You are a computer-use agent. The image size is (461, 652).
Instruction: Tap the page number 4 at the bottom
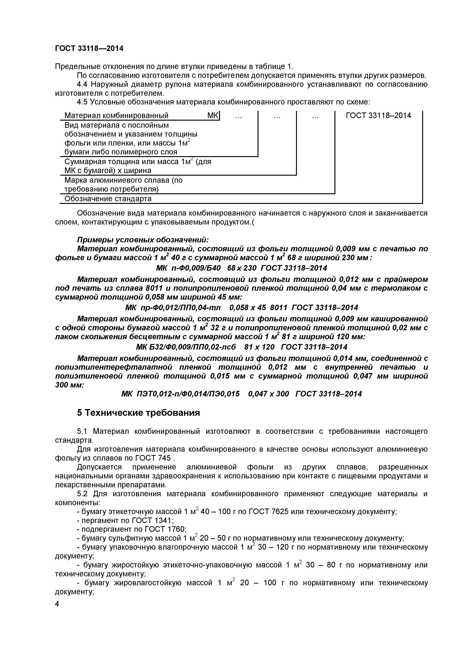tap(57, 611)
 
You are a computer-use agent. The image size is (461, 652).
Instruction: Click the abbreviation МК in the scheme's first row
tap(213, 115)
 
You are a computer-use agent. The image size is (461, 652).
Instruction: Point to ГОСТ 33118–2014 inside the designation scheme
tap(378, 115)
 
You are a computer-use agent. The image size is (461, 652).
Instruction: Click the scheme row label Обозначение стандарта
tap(108, 199)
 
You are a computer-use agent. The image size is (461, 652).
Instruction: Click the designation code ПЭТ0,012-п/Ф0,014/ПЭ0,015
tap(188, 394)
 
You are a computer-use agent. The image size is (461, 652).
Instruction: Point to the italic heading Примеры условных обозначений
tap(143, 240)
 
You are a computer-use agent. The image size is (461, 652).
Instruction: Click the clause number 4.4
tap(83, 84)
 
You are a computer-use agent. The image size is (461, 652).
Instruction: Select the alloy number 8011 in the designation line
tap(279, 308)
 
